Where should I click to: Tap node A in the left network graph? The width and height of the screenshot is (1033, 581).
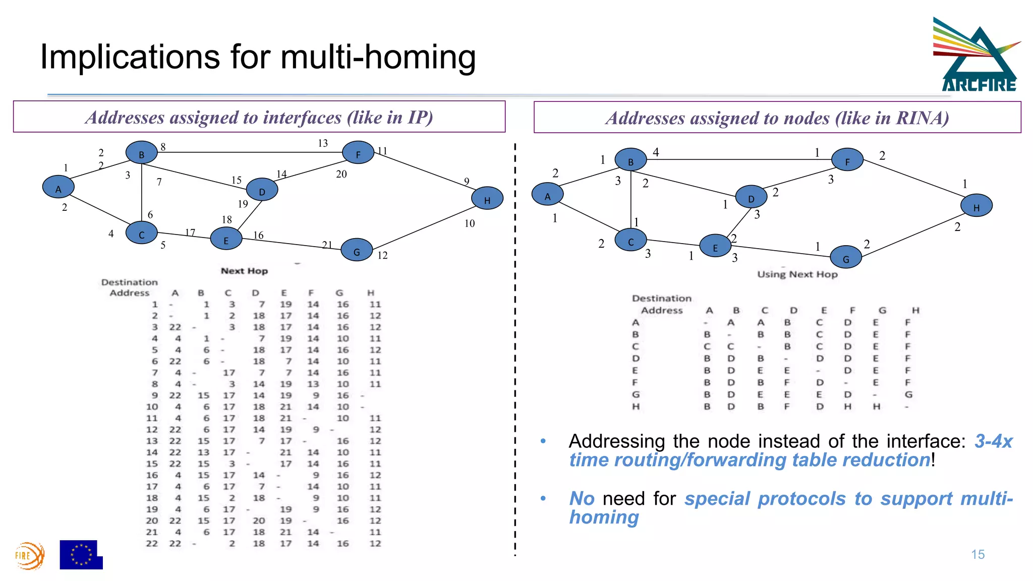58,187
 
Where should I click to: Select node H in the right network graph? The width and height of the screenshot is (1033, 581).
976,206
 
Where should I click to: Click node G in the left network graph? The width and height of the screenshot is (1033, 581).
357,250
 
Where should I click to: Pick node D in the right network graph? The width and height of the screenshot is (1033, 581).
751,197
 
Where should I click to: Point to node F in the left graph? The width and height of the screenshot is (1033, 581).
358,153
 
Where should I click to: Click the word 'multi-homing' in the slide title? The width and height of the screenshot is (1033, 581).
378,56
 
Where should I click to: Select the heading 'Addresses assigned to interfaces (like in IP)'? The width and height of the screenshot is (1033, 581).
259,117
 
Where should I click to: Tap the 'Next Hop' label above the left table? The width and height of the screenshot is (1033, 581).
244,271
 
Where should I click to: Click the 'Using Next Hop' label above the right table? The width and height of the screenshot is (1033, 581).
797,274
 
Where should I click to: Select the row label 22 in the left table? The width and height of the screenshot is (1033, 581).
152,544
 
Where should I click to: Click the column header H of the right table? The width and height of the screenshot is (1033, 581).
915,310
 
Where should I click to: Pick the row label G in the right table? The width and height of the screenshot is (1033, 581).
636,394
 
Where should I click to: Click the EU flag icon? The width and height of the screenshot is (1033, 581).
81,555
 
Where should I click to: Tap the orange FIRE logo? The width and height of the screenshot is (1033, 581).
29,556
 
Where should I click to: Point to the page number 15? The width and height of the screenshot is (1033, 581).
978,555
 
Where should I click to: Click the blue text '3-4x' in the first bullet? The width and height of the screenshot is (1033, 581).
993,441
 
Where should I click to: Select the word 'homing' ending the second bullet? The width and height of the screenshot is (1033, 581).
604,517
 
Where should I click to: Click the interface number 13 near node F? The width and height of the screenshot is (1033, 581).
323,143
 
